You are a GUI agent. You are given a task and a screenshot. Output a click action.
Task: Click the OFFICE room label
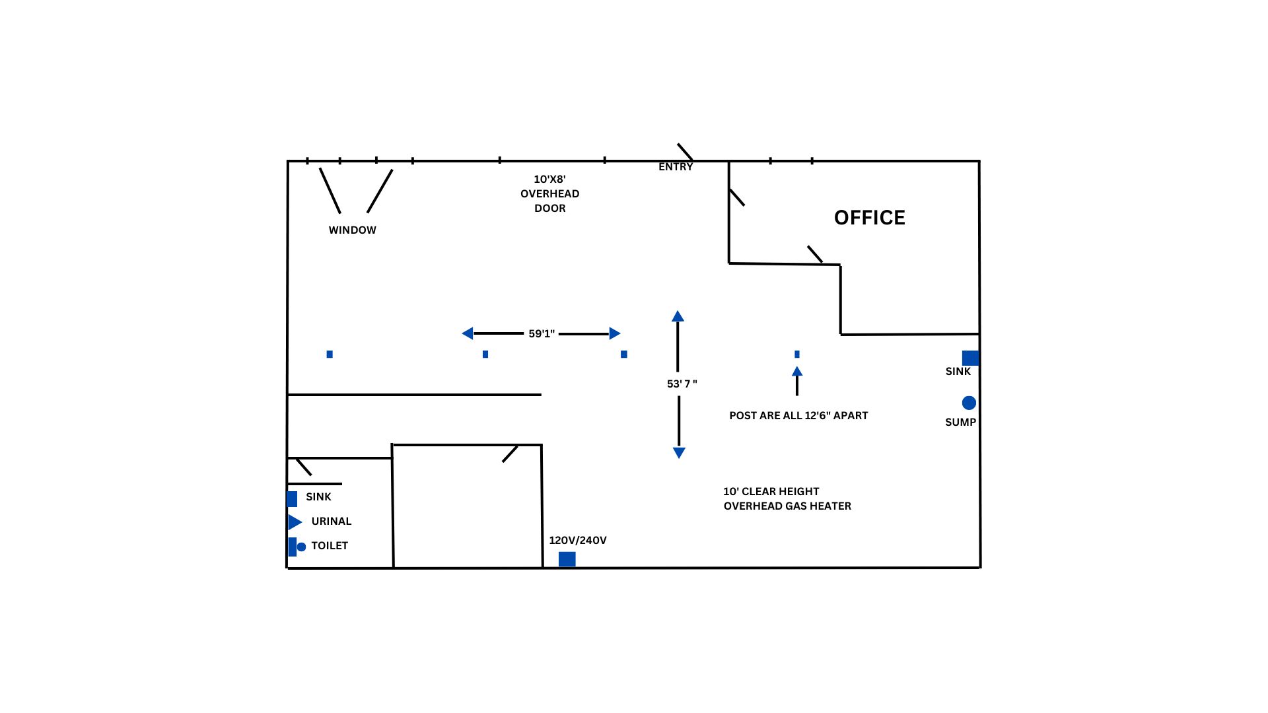(x=869, y=218)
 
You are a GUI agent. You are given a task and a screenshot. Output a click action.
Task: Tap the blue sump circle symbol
(x=969, y=403)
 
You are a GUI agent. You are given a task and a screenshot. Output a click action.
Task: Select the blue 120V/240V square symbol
(x=567, y=559)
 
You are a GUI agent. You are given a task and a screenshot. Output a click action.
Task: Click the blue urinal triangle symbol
(x=295, y=522)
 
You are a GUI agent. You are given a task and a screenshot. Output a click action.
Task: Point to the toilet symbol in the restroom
(x=297, y=547)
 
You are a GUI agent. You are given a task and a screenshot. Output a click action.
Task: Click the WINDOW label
(x=353, y=230)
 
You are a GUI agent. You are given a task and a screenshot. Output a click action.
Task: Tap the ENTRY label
(x=676, y=167)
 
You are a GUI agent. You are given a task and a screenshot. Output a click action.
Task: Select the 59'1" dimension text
(x=542, y=334)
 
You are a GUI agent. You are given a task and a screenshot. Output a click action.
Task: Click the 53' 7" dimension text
(x=682, y=384)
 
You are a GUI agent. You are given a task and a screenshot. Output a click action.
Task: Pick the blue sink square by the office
(x=970, y=358)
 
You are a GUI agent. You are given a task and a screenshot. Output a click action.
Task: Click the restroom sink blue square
(x=292, y=498)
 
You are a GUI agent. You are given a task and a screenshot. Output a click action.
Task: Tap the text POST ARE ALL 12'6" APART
(x=798, y=416)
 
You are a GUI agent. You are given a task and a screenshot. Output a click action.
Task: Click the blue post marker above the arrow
(x=797, y=355)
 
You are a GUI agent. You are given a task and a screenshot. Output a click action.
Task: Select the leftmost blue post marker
(x=330, y=355)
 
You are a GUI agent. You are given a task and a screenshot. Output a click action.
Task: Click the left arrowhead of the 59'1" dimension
(x=468, y=333)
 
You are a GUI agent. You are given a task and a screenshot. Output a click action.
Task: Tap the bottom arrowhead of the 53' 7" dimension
(x=679, y=453)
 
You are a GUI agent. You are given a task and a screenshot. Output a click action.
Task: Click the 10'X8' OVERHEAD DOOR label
(x=549, y=193)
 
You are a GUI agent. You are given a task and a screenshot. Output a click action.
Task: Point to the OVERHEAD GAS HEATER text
(x=787, y=506)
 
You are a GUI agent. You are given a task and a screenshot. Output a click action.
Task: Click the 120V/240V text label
(x=578, y=541)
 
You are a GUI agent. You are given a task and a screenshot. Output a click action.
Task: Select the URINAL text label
(x=332, y=522)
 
